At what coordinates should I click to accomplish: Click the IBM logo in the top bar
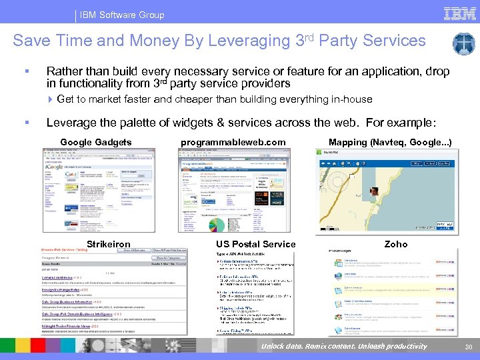[x=459, y=13]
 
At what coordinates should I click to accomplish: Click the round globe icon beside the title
[x=463, y=44]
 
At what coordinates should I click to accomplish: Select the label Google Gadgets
[x=96, y=142]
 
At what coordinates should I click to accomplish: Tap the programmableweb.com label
[x=233, y=142]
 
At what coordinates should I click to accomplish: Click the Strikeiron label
[x=109, y=244]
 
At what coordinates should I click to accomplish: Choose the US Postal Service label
[x=255, y=244]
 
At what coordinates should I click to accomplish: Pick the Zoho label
[x=396, y=244]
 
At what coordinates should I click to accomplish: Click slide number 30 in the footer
[x=467, y=346]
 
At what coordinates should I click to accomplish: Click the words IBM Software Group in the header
[x=122, y=15]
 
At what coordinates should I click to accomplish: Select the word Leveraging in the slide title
[x=249, y=41]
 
